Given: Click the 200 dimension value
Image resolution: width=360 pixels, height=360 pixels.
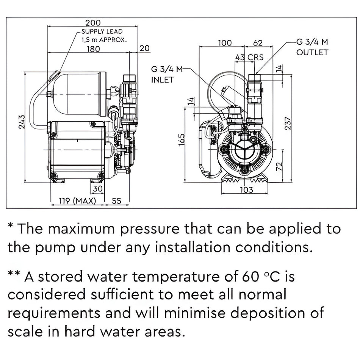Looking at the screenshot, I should click(x=92, y=23).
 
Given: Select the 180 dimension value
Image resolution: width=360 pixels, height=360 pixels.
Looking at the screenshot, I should click(x=92, y=49).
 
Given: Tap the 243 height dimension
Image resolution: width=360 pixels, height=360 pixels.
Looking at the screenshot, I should click(x=22, y=122).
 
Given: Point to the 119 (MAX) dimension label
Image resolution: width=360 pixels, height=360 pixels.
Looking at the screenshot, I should click(x=73, y=200).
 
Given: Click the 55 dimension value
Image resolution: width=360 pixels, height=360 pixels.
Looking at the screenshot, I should click(x=116, y=200).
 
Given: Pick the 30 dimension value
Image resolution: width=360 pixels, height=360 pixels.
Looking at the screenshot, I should click(x=97, y=189).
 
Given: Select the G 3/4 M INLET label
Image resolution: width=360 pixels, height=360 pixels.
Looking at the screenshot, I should click(x=167, y=75).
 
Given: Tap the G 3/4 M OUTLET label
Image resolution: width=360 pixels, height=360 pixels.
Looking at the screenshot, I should click(x=312, y=47).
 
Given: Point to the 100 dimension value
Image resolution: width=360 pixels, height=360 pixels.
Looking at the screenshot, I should click(x=225, y=43).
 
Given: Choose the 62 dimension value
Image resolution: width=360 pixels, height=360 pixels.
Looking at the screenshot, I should click(x=258, y=43).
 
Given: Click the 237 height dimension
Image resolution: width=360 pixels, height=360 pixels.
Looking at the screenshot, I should click(x=288, y=122).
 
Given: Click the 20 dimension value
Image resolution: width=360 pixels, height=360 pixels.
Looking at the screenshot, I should click(x=145, y=48).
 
